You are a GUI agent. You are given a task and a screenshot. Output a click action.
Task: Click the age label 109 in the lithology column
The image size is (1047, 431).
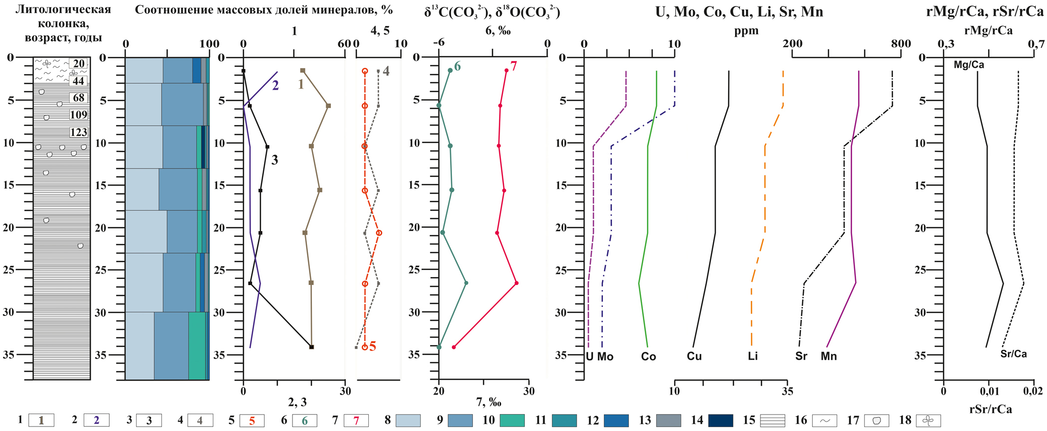pyautogui.click(x=79, y=115)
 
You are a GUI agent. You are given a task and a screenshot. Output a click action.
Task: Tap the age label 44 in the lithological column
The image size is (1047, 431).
pyautogui.click(x=79, y=81)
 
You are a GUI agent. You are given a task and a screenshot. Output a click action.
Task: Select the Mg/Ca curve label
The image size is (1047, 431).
pyautogui.click(x=969, y=65)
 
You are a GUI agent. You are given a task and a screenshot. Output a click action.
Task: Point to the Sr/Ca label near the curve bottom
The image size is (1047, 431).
pyautogui.click(x=1014, y=354)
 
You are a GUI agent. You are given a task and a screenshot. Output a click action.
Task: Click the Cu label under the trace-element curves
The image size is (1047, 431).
pyautogui.click(x=694, y=356)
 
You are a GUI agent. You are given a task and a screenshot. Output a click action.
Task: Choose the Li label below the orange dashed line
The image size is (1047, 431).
pyautogui.click(x=752, y=356)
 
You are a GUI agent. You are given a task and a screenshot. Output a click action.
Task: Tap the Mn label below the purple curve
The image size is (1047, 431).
pyautogui.click(x=829, y=356)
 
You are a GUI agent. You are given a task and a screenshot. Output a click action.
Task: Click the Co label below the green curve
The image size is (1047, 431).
pyautogui.click(x=648, y=356)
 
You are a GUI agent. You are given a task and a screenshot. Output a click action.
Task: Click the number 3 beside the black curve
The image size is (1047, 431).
pyautogui.click(x=275, y=160)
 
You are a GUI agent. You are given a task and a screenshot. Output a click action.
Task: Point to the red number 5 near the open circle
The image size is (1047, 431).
pyautogui.click(x=372, y=347)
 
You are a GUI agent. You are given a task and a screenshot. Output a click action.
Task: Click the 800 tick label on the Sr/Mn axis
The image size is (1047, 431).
pyautogui.click(x=901, y=43)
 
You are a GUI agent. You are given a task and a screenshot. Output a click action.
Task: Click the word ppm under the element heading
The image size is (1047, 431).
pyautogui.click(x=746, y=31)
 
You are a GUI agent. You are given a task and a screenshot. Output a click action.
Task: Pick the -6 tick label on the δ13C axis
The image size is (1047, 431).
pyautogui.click(x=439, y=43)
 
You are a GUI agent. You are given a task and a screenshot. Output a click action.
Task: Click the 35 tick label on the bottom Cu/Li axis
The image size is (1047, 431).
pyautogui.click(x=788, y=391)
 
